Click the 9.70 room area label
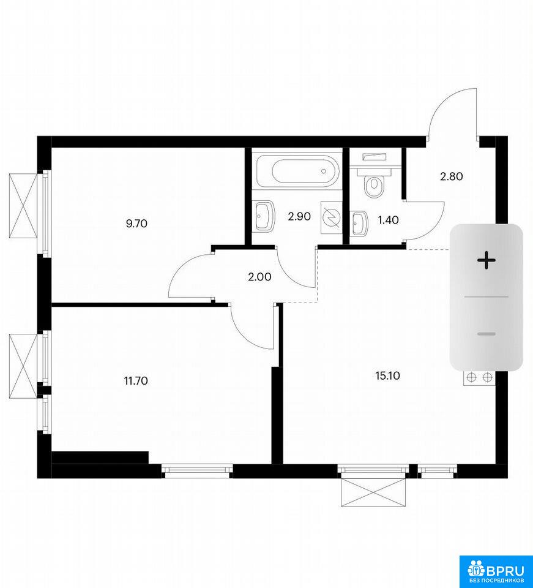[x=136, y=224]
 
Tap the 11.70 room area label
[x=136, y=381]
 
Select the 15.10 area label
[x=388, y=375]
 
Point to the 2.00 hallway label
[x=259, y=277]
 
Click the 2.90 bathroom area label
[x=299, y=216]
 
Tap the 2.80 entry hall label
[x=452, y=176]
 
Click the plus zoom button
[x=486, y=260]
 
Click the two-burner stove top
[x=479, y=378]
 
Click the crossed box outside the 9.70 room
[x=23, y=206]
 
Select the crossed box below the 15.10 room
[x=373, y=492]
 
